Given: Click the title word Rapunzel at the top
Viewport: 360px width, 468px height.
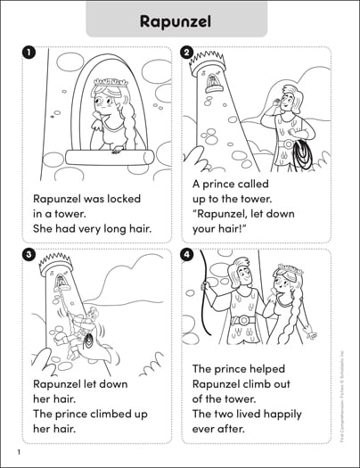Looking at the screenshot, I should pyautogui.click(x=180, y=20).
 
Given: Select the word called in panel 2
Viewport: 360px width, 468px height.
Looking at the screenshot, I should pyautogui.click(x=266, y=185).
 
